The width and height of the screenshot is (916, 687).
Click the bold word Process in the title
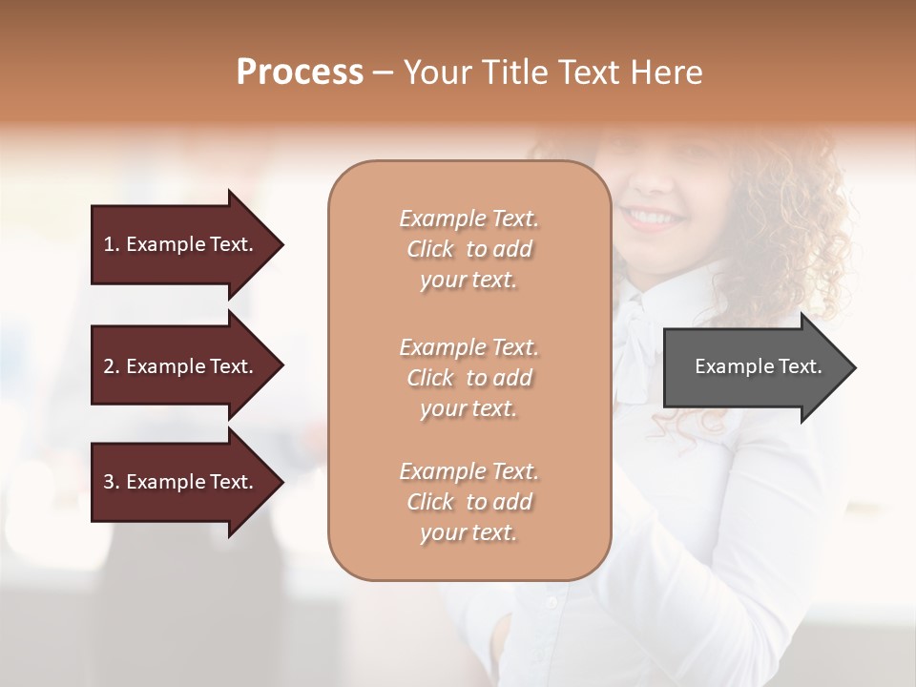pyautogui.click(x=300, y=73)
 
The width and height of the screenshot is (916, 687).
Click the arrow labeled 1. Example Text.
pyautogui.click(x=181, y=244)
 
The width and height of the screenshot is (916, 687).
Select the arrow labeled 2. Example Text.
pyautogui.click(x=181, y=366)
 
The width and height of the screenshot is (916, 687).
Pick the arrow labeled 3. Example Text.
pyautogui.click(x=181, y=482)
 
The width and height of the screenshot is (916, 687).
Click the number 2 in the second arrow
pyautogui.click(x=109, y=366)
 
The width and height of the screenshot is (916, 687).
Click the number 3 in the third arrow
pyautogui.click(x=109, y=482)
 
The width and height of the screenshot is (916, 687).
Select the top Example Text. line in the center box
pyautogui.click(x=468, y=219)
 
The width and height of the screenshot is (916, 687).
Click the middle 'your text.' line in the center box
pyautogui.click(x=468, y=408)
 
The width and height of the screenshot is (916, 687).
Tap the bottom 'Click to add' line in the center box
pyautogui.click(x=468, y=502)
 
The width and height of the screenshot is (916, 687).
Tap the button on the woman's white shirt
pyautogui.click(x=550, y=602)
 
